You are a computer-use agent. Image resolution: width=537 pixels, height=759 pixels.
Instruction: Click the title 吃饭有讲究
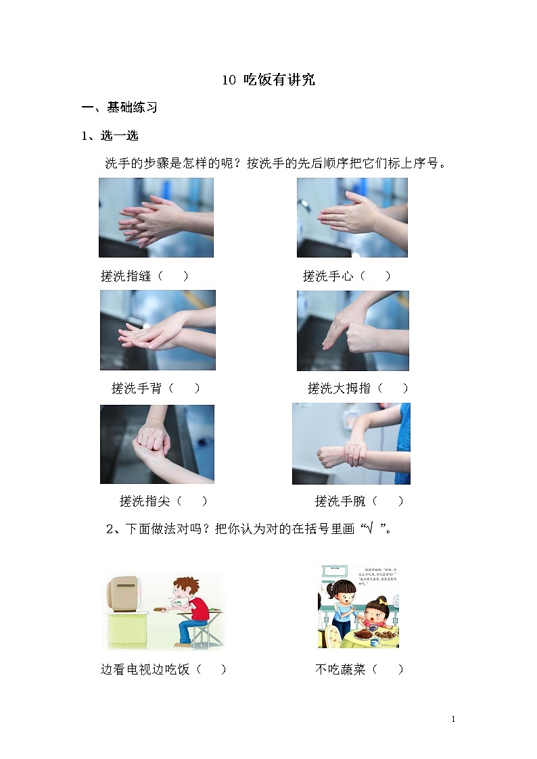(268, 80)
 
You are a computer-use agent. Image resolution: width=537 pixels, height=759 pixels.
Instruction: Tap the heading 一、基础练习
(119, 107)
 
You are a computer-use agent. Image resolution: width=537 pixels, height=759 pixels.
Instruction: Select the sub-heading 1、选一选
(110, 136)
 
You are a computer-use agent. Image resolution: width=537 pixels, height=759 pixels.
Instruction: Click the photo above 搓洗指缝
(156, 218)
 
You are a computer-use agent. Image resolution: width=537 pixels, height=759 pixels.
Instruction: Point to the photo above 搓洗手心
(352, 218)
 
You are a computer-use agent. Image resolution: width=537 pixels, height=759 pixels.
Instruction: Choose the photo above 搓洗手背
(158, 330)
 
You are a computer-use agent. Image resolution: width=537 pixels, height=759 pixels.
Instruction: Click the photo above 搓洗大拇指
(352, 330)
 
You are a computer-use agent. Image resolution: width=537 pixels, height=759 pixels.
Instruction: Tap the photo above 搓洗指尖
(157, 444)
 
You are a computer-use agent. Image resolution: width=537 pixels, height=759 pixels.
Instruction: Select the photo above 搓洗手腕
(351, 444)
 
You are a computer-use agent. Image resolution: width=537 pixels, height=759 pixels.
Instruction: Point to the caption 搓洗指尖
(145, 501)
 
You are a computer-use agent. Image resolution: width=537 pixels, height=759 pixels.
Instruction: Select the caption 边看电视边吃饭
(145, 669)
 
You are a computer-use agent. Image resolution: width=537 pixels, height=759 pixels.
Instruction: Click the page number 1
(453, 719)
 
